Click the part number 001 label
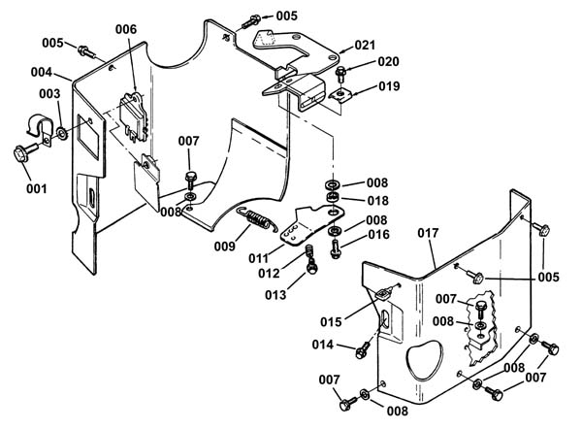coord(37,188)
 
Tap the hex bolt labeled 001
coord(24,152)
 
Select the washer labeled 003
coord(62,133)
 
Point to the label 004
coord(41,72)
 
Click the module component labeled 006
coord(134,115)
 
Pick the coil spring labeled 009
coord(256,218)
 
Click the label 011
coord(259,258)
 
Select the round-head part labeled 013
coord(311,266)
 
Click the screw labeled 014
coord(362,349)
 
